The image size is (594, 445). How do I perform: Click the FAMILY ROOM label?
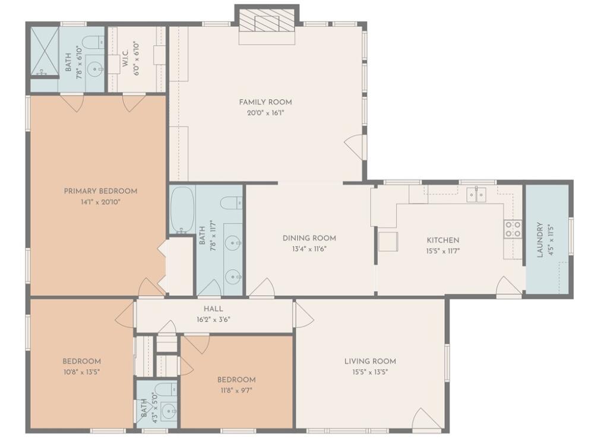coord(265,102)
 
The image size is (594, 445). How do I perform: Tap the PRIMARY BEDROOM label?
coord(100,191)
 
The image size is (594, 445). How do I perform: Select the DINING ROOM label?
coord(309,238)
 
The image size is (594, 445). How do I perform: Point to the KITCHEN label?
coord(443,240)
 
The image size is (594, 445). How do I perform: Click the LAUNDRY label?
coord(540,239)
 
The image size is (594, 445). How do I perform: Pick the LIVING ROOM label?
coord(370,361)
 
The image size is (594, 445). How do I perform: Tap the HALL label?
coord(213,309)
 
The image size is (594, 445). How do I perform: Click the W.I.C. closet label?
coord(126,58)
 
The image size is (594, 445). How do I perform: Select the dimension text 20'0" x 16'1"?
coord(265,112)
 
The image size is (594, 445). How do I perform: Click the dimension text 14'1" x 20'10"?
coord(100,202)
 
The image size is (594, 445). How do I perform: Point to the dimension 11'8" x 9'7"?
coord(236,390)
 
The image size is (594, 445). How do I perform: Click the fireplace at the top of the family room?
coord(267,24)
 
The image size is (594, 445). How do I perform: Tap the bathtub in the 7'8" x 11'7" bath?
coord(182,210)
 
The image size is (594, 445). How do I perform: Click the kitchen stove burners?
coord(513,229)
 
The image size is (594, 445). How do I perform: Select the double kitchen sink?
coord(476,195)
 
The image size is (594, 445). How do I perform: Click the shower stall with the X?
coord(45,51)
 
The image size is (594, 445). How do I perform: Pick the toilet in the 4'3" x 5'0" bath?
coord(166,389)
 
